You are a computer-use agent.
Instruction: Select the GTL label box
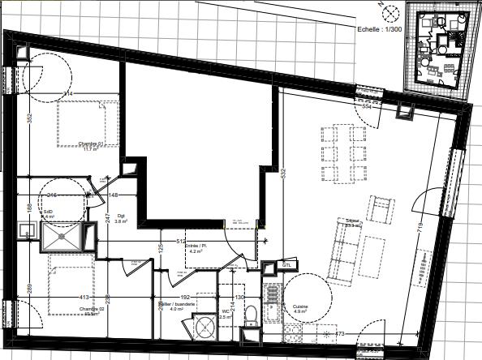coord(286,265)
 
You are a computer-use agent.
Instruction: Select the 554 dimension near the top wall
coord(366,106)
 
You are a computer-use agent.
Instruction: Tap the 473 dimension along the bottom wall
coord(340,333)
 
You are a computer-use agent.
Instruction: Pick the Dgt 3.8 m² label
coord(122,218)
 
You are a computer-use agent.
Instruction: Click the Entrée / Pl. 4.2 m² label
coord(194,248)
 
